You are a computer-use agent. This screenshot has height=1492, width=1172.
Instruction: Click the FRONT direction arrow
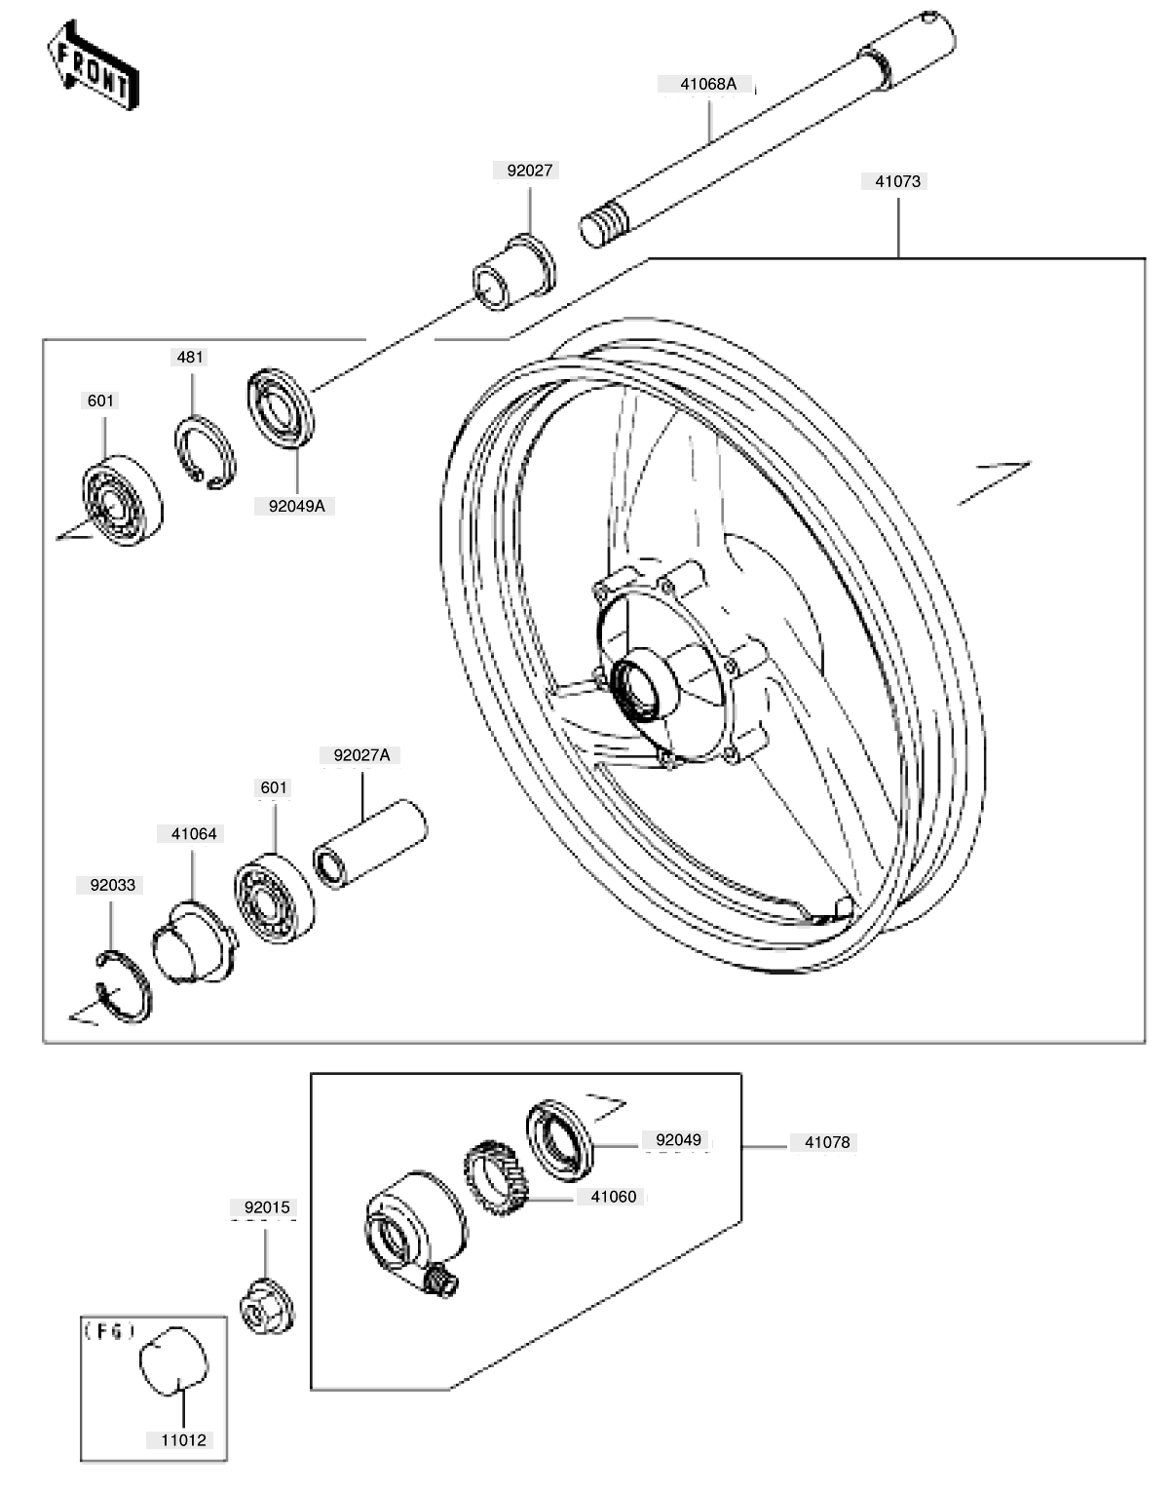coord(93,65)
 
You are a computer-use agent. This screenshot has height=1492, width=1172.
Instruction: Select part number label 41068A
coord(708,84)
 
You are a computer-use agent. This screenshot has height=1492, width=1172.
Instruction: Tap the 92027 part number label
coord(529,171)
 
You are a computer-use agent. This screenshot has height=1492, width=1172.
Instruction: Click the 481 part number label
coord(190,357)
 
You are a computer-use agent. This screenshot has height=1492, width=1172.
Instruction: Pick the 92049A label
coord(296,506)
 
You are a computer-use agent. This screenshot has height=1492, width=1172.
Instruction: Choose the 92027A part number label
coord(361,755)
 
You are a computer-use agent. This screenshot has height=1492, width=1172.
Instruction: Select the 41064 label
coord(194,833)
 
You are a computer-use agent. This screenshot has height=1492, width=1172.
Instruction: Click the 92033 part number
coord(113,885)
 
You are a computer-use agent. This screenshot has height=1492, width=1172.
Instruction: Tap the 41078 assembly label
coord(827,1142)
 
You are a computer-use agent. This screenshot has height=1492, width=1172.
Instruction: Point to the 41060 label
coord(614,1197)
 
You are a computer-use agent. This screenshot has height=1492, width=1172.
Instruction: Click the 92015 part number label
coord(267,1207)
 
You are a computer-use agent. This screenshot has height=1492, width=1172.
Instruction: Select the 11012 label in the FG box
coord(183,1439)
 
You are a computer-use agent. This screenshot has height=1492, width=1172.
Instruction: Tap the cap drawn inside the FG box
coord(173,1360)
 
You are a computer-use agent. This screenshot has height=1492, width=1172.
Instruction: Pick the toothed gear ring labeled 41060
coord(498,1178)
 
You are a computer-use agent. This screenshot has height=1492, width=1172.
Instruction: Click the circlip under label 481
coord(206,453)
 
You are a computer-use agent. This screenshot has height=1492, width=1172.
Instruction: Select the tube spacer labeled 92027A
coord(370,845)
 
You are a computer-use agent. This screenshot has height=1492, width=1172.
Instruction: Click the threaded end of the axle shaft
coord(604,223)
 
